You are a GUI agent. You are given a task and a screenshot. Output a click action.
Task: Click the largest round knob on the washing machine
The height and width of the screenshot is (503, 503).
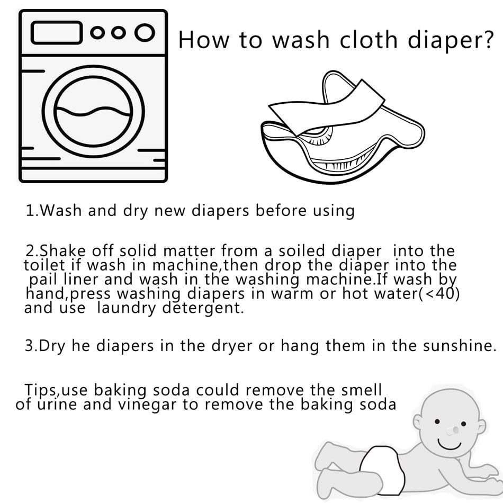[x=144, y=33]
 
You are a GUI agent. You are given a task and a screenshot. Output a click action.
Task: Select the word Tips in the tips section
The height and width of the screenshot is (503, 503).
[x=42, y=390]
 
